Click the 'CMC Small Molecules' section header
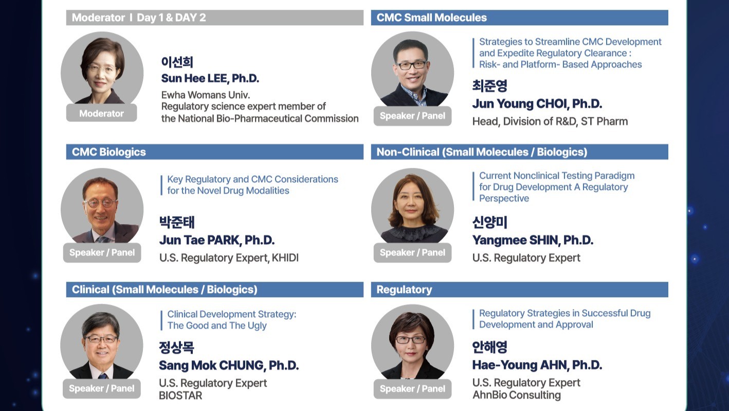(x=519, y=18)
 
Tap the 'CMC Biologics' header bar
(x=215, y=152)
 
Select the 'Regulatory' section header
(x=519, y=289)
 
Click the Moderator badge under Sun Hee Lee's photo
(x=102, y=113)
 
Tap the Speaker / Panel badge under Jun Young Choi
(x=412, y=116)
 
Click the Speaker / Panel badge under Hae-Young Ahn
(x=412, y=388)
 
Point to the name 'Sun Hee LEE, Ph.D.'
(x=210, y=78)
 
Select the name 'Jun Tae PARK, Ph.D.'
(x=217, y=240)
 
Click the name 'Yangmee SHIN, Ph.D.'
(x=533, y=240)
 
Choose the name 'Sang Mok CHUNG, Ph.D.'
(x=229, y=365)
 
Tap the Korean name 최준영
(x=490, y=85)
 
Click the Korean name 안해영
(x=490, y=347)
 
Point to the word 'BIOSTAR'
(x=180, y=396)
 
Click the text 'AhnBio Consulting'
(x=517, y=395)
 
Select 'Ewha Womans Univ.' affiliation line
(x=206, y=95)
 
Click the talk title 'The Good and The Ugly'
(x=217, y=326)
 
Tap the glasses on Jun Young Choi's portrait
(x=411, y=65)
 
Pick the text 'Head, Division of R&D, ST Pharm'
(x=550, y=121)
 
